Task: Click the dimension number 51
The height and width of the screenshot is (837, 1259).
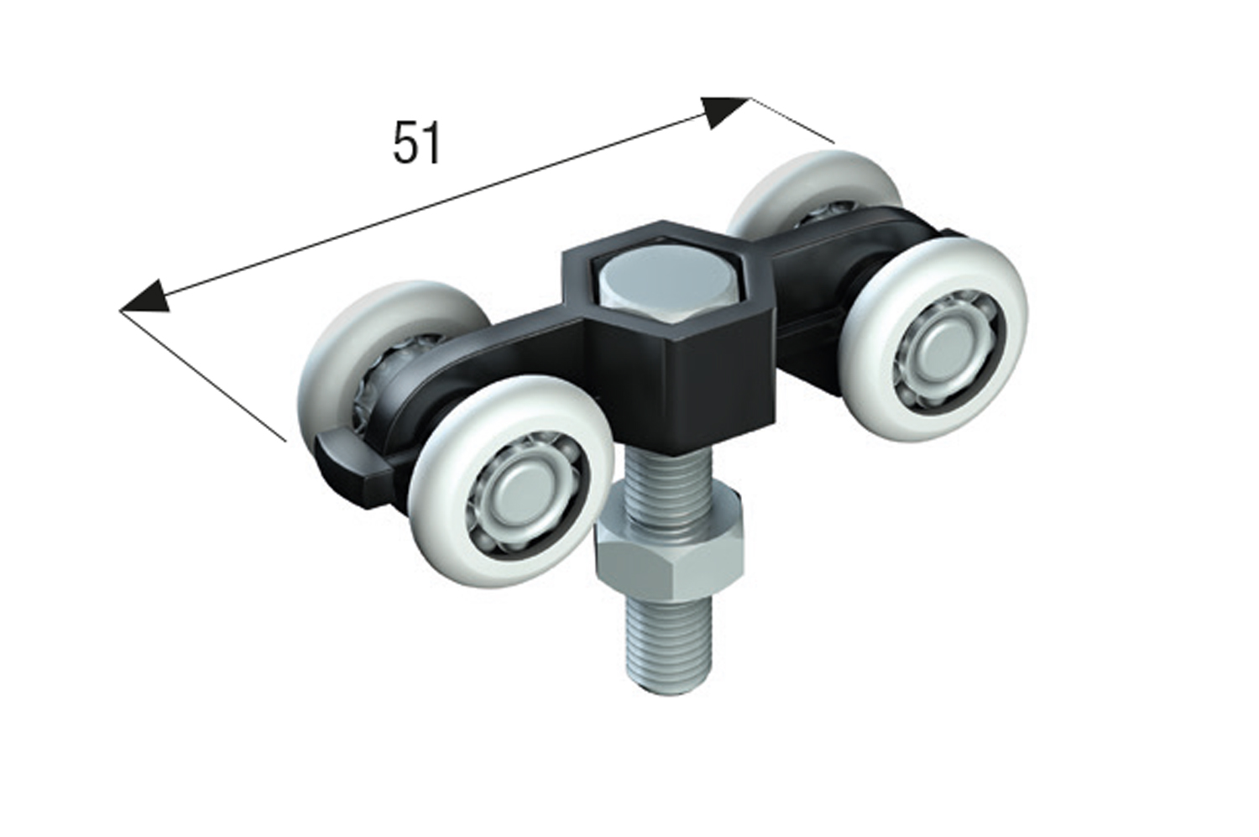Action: coord(416,142)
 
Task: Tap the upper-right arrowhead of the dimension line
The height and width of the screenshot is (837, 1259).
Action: coord(724,112)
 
